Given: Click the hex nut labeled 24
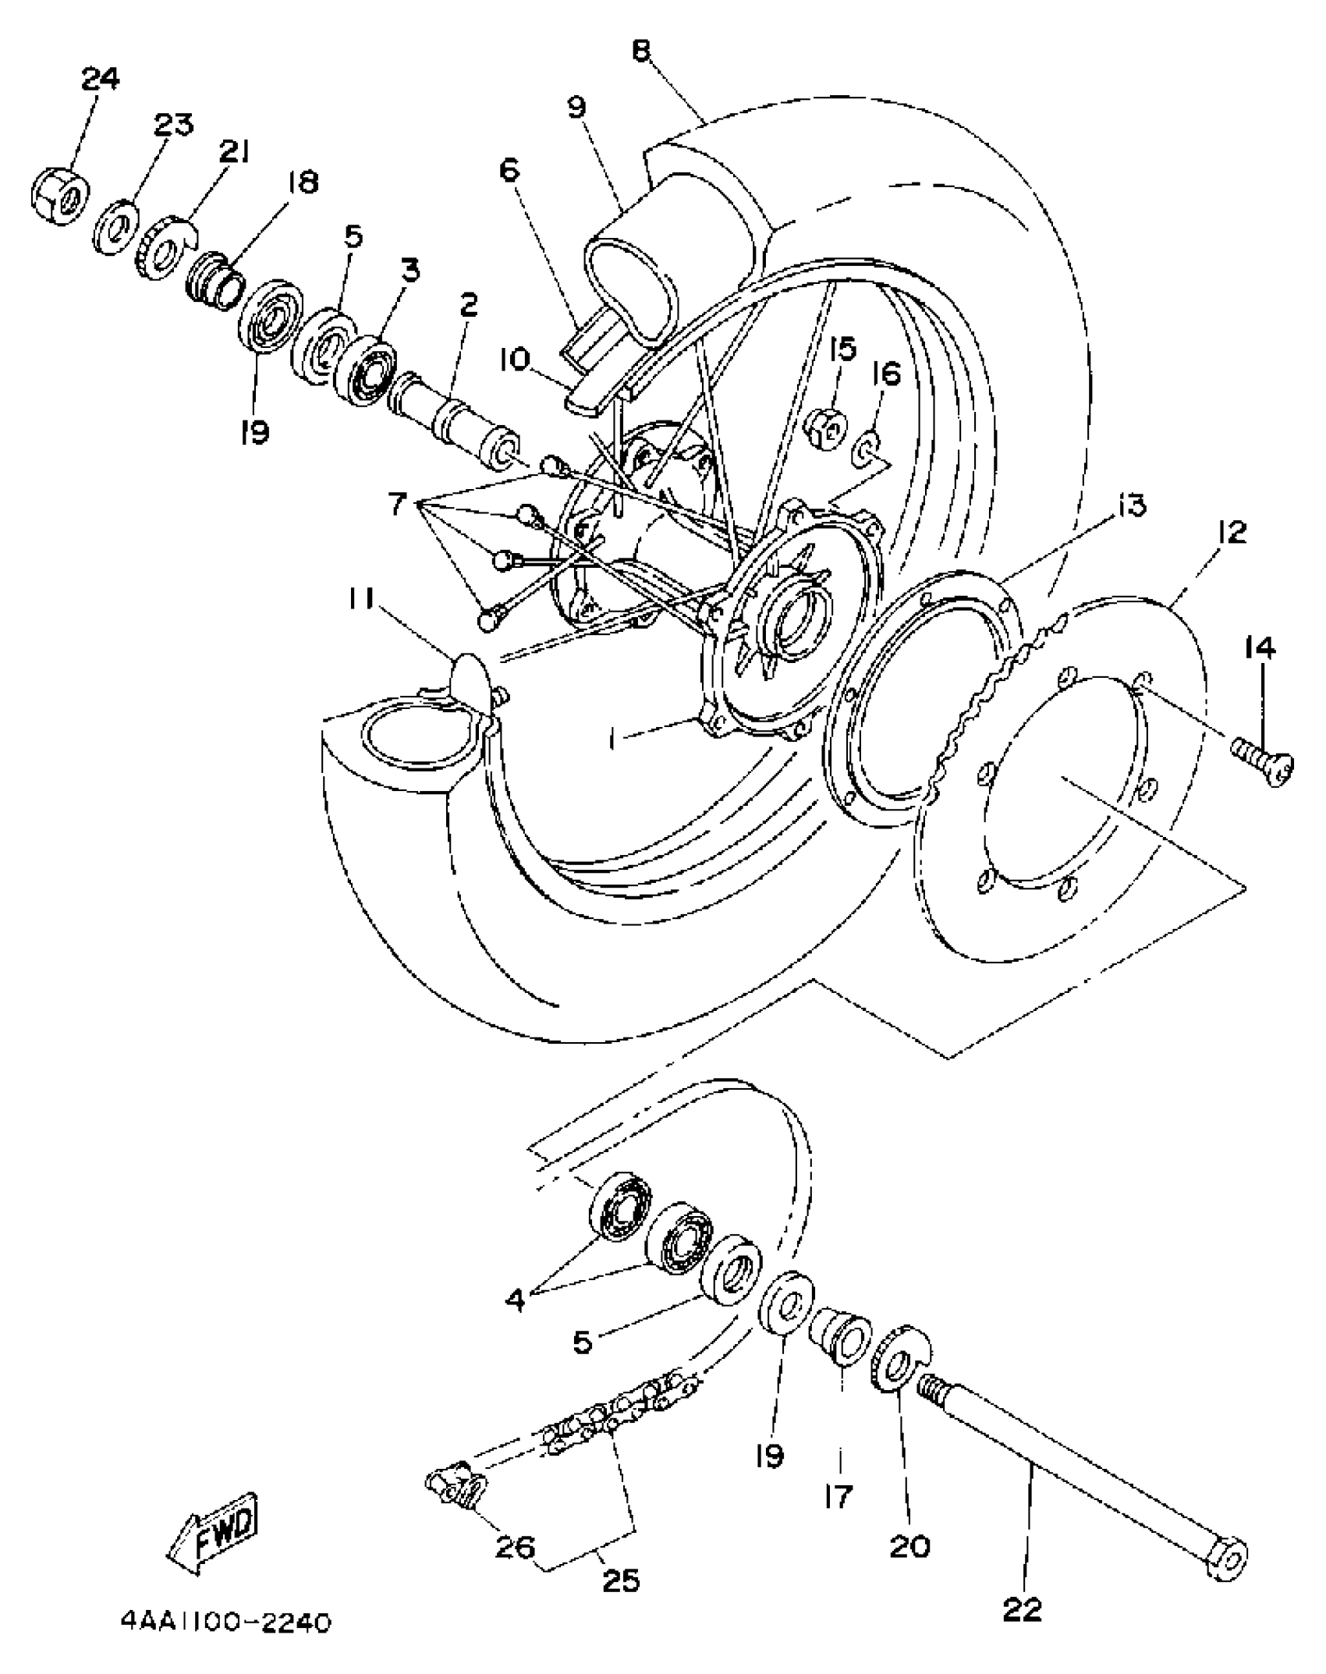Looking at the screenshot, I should [60, 194].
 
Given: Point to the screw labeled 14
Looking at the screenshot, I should [1262, 757].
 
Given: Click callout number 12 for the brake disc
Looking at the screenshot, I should [1231, 532].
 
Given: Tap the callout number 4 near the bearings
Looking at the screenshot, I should [516, 1300].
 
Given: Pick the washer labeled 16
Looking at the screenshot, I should [867, 452].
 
